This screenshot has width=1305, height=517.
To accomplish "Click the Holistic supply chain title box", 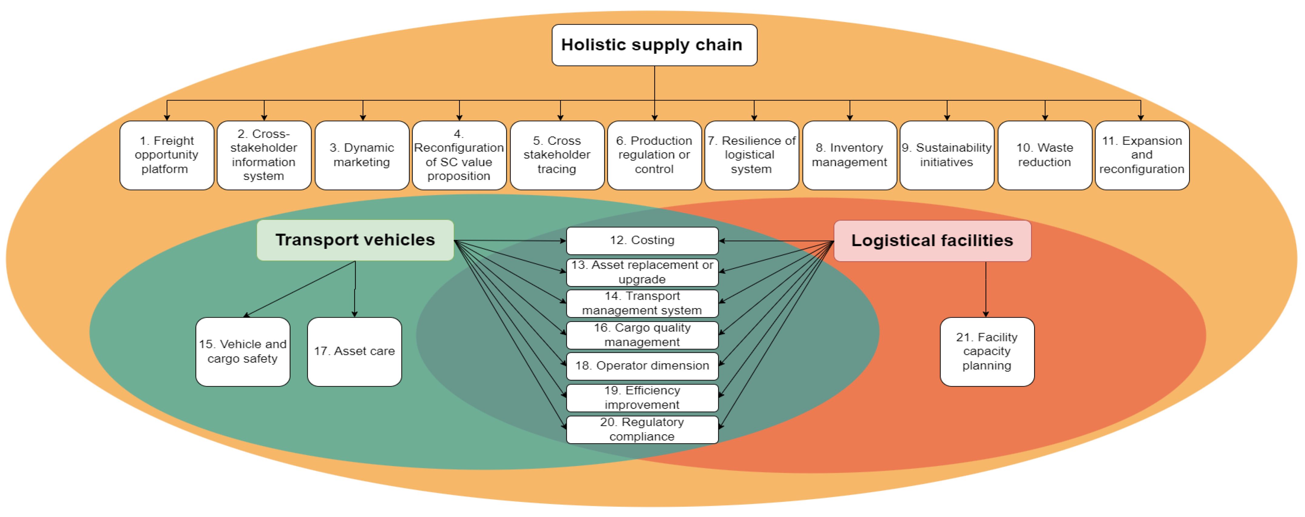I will pyautogui.click(x=654, y=45).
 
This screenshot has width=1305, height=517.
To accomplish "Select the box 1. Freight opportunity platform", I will pyautogui.click(x=167, y=155).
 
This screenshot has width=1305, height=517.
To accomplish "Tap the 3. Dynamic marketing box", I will pyautogui.click(x=362, y=155).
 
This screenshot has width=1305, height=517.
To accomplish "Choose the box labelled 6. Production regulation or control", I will pyautogui.click(x=654, y=155).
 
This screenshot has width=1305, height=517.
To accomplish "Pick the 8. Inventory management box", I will pyautogui.click(x=850, y=155).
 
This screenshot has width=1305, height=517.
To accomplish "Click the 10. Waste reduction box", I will pyautogui.click(x=1045, y=155).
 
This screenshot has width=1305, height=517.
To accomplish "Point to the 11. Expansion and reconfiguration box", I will pyautogui.click(x=1142, y=155).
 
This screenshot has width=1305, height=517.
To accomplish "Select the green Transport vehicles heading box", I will pyautogui.click(x=355, y=240).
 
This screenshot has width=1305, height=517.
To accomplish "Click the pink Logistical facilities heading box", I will pyautogui.click(x=932, y=241).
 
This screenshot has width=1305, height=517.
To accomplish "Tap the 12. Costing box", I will pyautogui.click(x=642, y=241).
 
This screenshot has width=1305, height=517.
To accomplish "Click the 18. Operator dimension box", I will pyautogui.click(x=642, y=366).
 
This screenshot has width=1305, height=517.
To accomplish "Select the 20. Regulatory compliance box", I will pyautogui.click(x=642, y=429).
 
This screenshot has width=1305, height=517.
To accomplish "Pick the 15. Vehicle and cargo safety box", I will pyautogui.click(x=243, y=351).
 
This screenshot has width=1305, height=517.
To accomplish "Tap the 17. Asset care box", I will pyautogui.click(x=354, y=351).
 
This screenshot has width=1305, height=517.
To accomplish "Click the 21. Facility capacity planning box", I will pyautogui.click(x=987, y=351).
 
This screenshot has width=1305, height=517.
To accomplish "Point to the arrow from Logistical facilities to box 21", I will pyautogui.click(x=986, y=289).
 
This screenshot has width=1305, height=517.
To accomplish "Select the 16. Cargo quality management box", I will pyautogui.click(x=642, y=335).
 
